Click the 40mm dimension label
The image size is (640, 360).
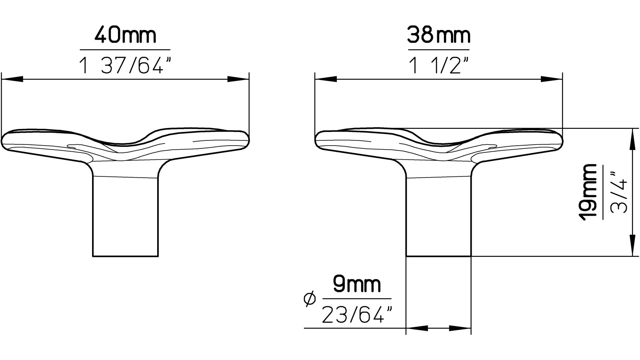(125, 36)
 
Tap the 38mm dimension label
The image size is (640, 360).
(438, 36)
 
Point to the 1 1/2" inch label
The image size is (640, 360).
(438, 65)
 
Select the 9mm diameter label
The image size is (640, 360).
(357, 285)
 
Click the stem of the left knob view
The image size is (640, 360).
(126, 216)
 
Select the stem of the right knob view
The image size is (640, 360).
(439, 216)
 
